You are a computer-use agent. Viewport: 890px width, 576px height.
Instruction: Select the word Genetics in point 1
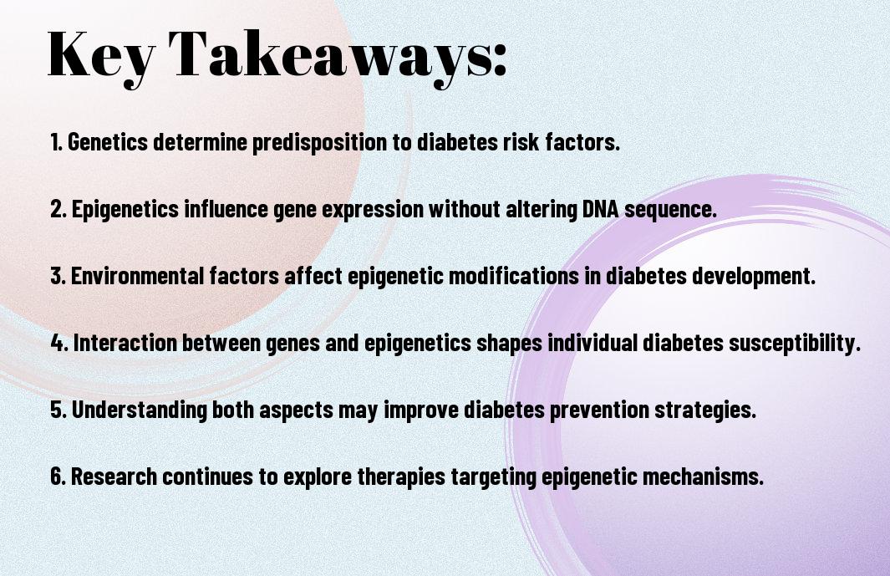[x=108, y=142]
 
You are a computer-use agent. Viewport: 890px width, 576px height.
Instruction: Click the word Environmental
[x=137, y=276]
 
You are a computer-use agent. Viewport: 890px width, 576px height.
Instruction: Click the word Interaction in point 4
[x=125, y=343]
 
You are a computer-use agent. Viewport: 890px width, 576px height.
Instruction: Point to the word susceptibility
[x=795, y=344]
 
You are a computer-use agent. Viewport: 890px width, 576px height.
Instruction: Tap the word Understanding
[x=139, y=410]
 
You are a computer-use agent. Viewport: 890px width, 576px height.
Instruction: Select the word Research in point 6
[x=114, y=476]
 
